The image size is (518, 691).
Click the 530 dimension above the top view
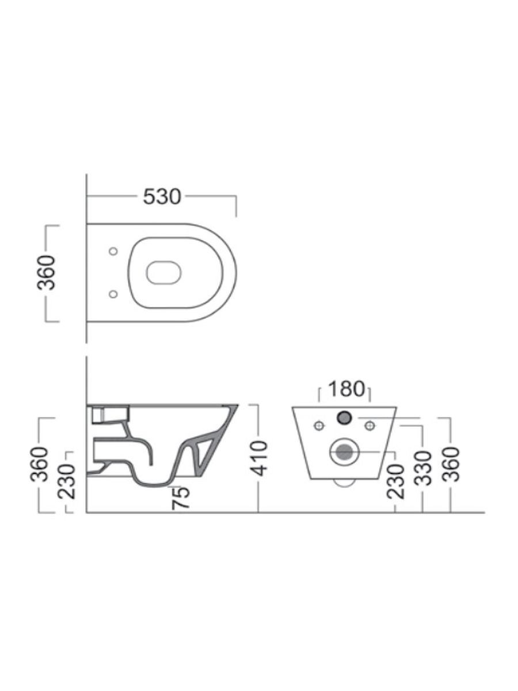point(162,196)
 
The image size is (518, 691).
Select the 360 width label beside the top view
point(46,273)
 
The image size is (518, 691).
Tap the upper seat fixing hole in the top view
point(113,251)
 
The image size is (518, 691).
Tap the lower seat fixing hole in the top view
point(113,294)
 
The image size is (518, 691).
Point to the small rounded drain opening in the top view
point(164,272)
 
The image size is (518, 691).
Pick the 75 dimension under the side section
point(181,498)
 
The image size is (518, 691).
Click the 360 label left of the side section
point(40,464)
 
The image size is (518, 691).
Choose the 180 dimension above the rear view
point(346,389)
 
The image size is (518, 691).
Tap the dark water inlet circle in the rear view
point(344,417)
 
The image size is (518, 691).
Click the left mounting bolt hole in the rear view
point(319,426)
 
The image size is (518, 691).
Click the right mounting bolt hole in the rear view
point(370,426)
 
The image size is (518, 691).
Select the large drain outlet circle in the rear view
point(344,452)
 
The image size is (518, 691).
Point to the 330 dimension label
point(424,468)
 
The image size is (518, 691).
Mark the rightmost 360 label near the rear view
point(451,464)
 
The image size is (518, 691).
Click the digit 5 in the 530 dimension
point(149,196)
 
